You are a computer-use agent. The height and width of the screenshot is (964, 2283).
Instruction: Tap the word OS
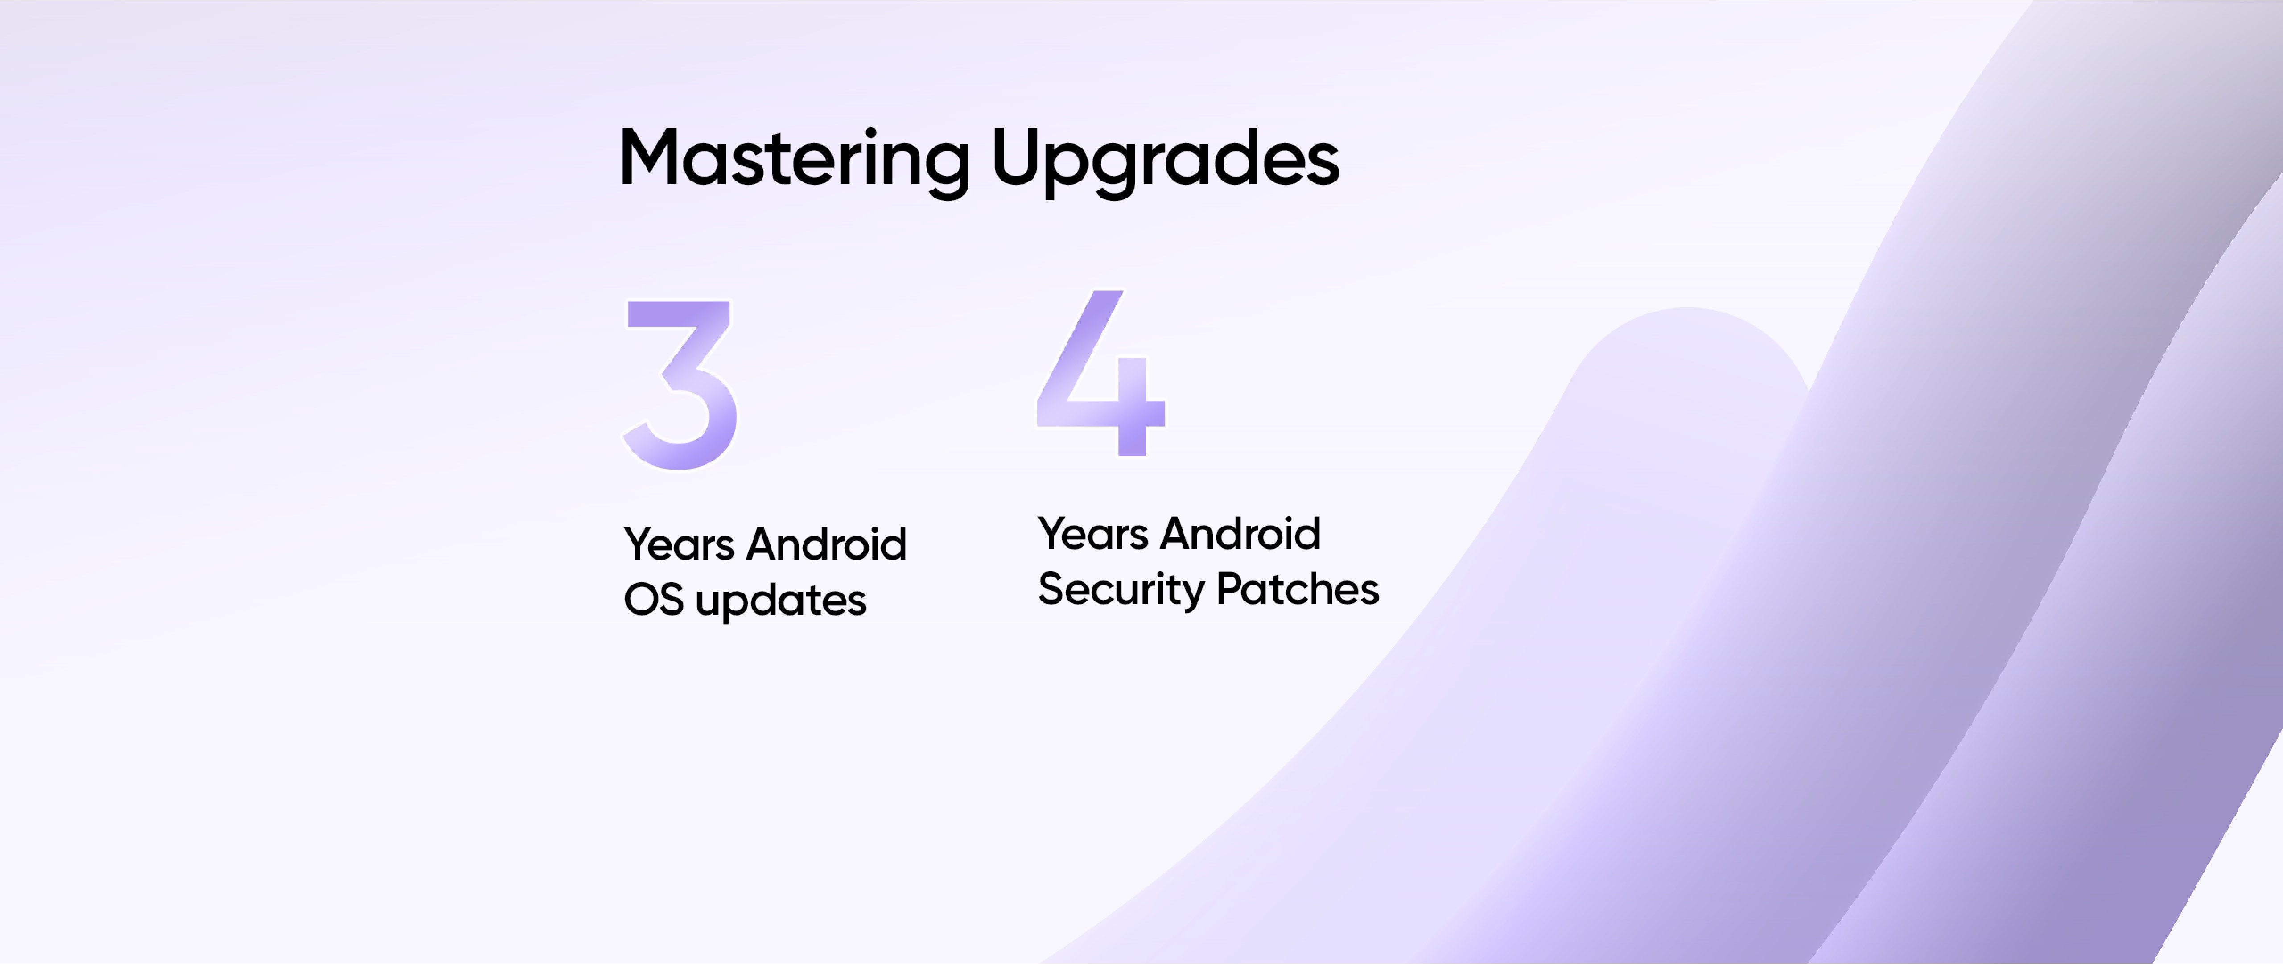pos(654,600)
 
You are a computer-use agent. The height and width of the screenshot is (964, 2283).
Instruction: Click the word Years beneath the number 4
pos(1093,533)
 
